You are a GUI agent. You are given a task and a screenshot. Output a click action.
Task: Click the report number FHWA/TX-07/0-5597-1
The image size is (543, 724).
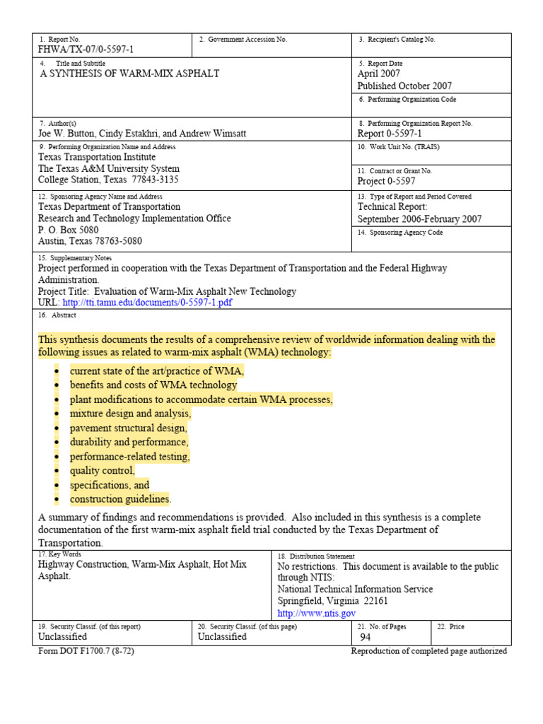pyautogui.click(x=86, y=49)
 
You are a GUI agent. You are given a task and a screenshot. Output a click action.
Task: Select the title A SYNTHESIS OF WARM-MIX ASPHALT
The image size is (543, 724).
pyautogui.click(x=129, y=74)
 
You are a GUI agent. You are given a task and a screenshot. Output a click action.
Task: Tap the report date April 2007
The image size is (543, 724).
pyautogui.click(x=379, y=74)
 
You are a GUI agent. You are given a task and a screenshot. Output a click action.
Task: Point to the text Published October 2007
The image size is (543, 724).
pyautogui.click(x=404, y=86)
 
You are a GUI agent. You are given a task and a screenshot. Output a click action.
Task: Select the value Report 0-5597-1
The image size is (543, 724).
pyautogui.click(x=390, y=133)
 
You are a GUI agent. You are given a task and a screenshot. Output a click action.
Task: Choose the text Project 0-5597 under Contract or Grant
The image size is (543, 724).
pyautogui.click(x=387, y=181)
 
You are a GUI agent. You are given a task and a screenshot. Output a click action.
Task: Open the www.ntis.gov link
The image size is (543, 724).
pyautogui.click(x=316, y=614)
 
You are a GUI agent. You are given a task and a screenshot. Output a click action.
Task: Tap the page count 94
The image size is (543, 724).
pyautogui.click(x=366, y=636)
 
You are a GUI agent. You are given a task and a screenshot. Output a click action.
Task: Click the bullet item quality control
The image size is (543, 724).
pyautogui.click(x=103, y=471)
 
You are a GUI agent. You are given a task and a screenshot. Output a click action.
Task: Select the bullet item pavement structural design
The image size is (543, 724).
pyautogui.click(x=129, y=428)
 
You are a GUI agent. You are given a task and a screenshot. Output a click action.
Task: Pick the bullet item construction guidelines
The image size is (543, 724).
pyautogui.click(x=120, y=499)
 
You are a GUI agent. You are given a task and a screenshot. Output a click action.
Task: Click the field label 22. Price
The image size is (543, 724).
pyautogui.click(x=451, y=626)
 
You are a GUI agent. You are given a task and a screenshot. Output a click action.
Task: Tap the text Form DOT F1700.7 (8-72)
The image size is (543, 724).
pyautogui.click(x=86, y=651)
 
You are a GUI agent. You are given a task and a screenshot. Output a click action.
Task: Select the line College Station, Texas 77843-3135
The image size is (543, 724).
pyautogui.click(x=108, y=180)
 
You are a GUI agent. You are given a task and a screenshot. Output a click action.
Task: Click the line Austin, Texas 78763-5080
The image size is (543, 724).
pyautogui.click(x=90, y=240)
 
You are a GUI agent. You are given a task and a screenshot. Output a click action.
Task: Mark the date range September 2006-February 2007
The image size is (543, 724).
pyautogui.click(x=419, y=219)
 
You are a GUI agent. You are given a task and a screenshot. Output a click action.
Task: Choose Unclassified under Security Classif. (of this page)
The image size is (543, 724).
pyautogui.click(x=222, y=636)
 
